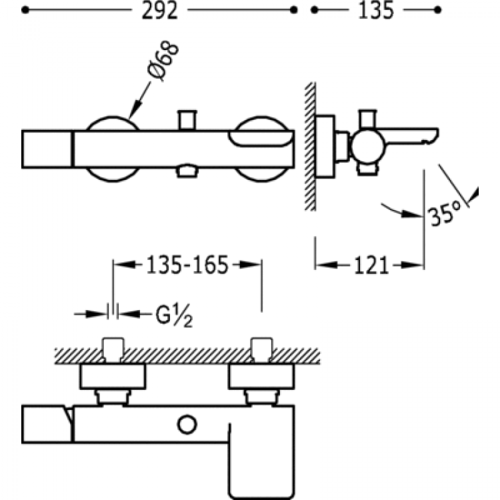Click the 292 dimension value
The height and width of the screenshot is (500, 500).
(159, 11)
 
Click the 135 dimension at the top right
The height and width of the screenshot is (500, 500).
(376, 11)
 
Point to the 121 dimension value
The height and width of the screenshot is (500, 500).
(371, 265)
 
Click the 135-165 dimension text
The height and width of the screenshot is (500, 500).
(187, 265)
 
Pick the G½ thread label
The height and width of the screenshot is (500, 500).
(174, 315)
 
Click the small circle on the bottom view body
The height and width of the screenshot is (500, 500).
(187, 425)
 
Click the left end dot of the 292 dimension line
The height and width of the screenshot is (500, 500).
(25, 10)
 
